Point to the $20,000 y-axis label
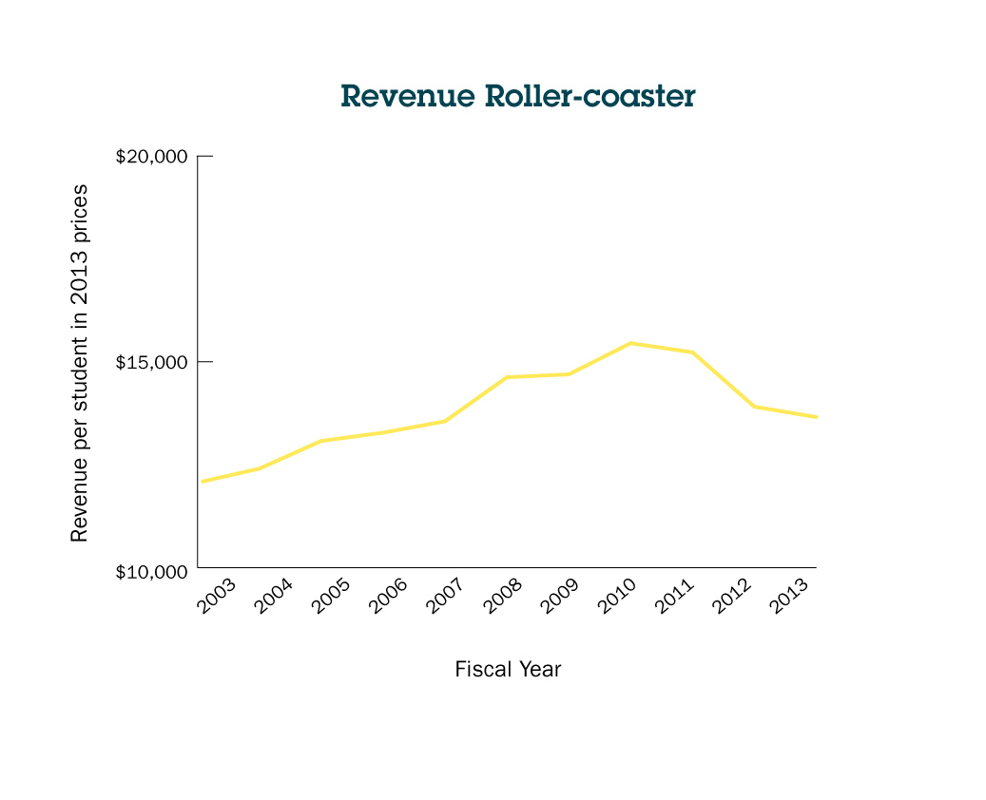pyautogui.click(x=151, y=157)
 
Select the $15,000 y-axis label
pyautogui.click(x=151, y=363)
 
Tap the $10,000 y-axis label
pyautogui.click(x=151, y=572)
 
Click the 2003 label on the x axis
pyautogui.click(x=217, y=596)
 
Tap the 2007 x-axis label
pyautogui.click(x=446, y=596)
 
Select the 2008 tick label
pyautogui.click(x=503, y=596)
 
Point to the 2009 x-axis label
pyautogui.click(x=560, y=596)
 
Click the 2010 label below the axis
pyautogui.click(x=618, y=596)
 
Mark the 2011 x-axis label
pyautogui.click(x=675, y=596)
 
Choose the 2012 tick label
pyautogui.click(x=732, y=596)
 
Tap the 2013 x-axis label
pyautogui.click(x=790, y=596)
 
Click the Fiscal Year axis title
pyautogui.click(x=508, y=669)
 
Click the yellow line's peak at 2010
pyautogui.click(x=631, y=343)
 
